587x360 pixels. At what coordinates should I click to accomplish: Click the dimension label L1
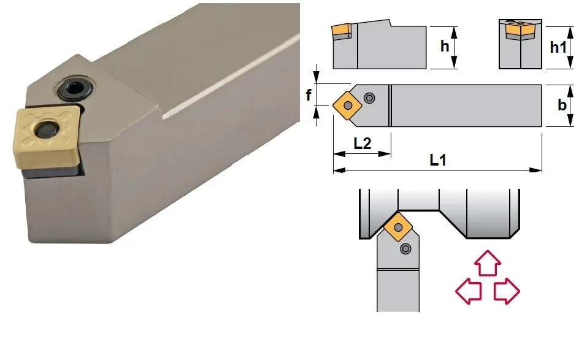pos(437,160)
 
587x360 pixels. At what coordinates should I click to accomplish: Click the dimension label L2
pos(363,144)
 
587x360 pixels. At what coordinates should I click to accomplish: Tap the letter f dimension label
pos(309,95)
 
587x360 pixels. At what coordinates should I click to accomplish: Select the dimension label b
pos(561,105)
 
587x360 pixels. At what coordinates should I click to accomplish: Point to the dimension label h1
pos(558,47)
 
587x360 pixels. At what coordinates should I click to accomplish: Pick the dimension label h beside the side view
pos(444,47)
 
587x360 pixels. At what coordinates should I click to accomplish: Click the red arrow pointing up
pos(488,263)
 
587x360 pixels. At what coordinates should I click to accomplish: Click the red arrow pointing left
pos(468,291)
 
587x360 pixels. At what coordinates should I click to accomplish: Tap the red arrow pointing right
pos(507,291)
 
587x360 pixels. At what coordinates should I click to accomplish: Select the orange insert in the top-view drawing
pos(347,105)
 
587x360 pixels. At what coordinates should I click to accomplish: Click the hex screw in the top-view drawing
pos(369,98)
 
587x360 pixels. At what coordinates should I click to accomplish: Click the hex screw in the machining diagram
pos(406,249)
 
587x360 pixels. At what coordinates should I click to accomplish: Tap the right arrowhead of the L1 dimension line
pos(537,170)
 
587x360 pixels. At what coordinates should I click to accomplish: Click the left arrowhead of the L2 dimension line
pos(339,154)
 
